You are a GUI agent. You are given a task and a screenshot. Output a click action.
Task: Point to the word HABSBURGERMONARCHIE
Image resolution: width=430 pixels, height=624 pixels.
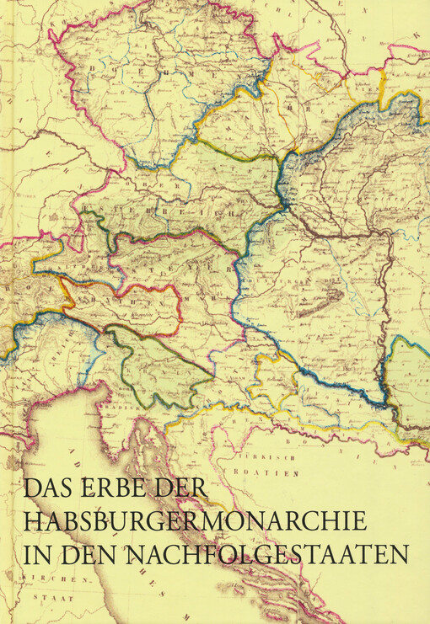point(196,522)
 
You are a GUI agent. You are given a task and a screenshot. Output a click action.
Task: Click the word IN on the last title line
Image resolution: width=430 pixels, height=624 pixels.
point(38,555)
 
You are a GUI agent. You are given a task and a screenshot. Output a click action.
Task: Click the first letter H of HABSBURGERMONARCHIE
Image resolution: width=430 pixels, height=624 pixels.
point(35,522)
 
